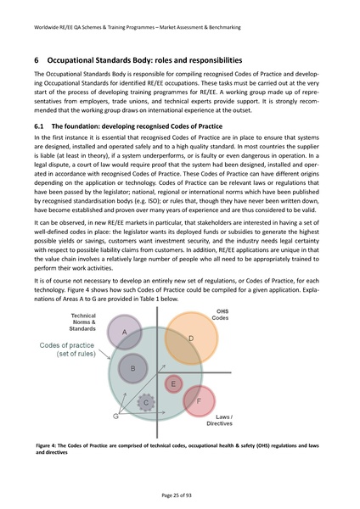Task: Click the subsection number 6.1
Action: point(40,125)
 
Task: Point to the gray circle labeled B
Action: point(132,369)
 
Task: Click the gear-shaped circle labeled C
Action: point(146,402)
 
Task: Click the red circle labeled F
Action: point(197,401)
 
